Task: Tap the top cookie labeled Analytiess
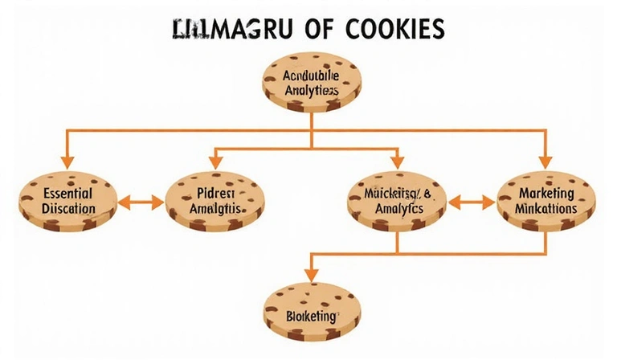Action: click(313, 84)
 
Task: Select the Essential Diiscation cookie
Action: click(57, 201)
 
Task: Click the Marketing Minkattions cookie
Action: click(546, 201)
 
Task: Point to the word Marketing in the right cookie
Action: click(546, 194)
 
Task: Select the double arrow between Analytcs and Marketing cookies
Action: click(472, 202)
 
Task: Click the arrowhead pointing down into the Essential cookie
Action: click(66, 161)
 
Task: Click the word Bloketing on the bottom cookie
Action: click(311, 317)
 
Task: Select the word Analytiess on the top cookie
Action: click(313, 92)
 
